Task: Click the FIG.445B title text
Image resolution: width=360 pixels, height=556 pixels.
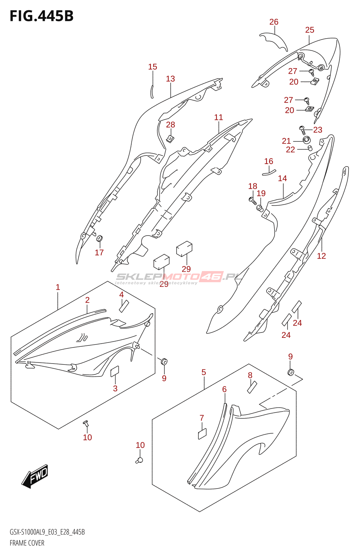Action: click(41, 16)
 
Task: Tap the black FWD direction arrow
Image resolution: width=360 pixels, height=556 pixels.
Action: click(35, 476)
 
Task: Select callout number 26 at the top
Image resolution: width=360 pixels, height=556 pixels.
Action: click(274, 22)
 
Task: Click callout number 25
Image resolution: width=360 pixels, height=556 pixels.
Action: click(310, 30)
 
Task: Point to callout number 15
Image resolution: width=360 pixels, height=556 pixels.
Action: click(153, 66)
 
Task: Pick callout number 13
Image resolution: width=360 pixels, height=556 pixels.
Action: click(170, 79)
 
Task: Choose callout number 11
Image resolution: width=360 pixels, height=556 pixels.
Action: click(219, 117)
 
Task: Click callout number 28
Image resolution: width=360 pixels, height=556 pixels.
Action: click(171, 125)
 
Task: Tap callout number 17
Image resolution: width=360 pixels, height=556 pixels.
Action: click(99, 252)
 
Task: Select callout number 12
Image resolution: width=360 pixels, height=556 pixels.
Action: click(321, 256)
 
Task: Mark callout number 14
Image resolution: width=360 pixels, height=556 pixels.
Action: click(282, 178)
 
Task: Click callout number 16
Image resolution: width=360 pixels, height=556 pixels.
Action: click(269, 161)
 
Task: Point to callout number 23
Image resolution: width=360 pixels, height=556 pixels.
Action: click(318, 130)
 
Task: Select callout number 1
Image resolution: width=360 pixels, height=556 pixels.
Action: click(58, 287)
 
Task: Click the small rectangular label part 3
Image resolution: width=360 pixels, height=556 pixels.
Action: click(115, 371)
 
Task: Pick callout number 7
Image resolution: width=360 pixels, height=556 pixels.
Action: click(202, 418)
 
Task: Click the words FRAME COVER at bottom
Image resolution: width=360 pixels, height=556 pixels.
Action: click(27, 543)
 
